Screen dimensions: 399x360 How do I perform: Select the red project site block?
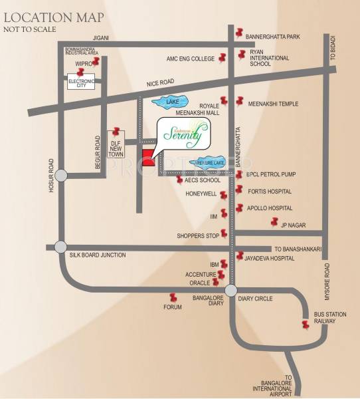[x=148, y=158]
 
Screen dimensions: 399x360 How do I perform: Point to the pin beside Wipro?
[x=98, y=62]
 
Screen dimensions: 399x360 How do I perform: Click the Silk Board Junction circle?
[x=61, y=247]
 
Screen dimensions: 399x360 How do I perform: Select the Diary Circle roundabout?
[x=230, y=290]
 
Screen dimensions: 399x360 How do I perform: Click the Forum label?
[x=173, y=307]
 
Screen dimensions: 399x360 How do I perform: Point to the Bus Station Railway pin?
[x=306, y=325]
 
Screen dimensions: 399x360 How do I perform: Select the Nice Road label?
[x=160, y=84]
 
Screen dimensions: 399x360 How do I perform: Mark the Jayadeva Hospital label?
[x=269, y=257]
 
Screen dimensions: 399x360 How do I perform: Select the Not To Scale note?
[x=30, y=31]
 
